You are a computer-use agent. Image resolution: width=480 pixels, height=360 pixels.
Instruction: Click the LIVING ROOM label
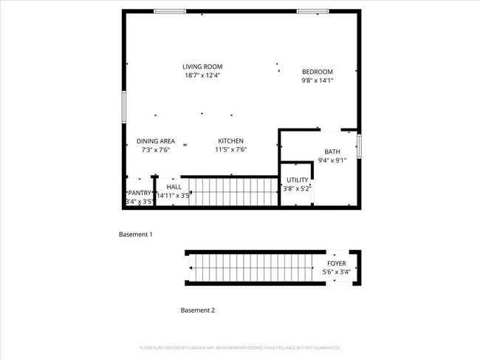pyautogui.click(x=202, y=67)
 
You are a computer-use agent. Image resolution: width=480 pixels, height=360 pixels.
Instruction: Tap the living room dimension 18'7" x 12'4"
pyautogui.click(x=202, y=75)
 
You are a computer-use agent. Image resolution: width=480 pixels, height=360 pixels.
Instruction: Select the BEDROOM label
pyautogui.click(x=318, y=72)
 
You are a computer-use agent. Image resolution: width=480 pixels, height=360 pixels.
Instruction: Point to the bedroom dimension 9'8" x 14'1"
pyautogui.click(x=318, y=80)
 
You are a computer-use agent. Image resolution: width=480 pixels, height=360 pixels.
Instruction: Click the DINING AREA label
pyautogui.click(x=155, y=141)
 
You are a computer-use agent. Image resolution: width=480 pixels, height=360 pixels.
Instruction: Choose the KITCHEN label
pyautogui.click(x=230, y=141)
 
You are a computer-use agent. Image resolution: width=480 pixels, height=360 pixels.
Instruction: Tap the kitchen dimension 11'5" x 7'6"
pyautogui.click(x=230, y=149)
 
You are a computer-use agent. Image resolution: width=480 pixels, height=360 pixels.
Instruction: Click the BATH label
pyautogui.click(x=332, y=152)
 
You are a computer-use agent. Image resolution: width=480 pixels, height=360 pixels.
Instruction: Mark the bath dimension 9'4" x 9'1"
pyautogui.click(x=332, y=160)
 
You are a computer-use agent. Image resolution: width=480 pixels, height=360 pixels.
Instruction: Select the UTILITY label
pyautogui.click(x=298, y=180)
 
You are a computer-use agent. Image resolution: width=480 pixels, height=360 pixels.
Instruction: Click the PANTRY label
pyautogui.click(x=139, y=193)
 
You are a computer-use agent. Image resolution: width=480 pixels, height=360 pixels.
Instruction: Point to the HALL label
pyautogui.click(x=174, y=187)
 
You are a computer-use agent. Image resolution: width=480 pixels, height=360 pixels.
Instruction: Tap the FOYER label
pyautogui.click(x=337, y=263)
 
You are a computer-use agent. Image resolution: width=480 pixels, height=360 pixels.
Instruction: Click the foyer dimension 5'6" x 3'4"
pyautogui.click(x=337, y=272)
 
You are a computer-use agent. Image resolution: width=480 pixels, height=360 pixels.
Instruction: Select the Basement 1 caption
pyautogui.click(x=136, y=234)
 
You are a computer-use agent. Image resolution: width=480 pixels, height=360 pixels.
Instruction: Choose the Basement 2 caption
pyautogui.click(x=198, y=310)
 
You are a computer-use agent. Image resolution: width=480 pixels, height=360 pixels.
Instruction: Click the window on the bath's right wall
pyautogui.click(x=359, y=146)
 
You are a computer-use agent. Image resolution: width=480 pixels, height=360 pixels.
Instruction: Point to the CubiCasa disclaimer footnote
pyautogui.click(x=240, y=347)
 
